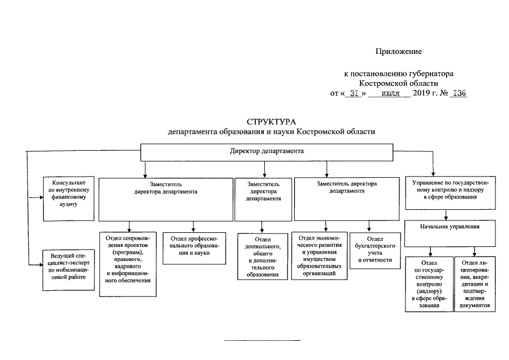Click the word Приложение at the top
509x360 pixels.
[x=398, y=52]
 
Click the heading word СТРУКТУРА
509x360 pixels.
[x=271, y=122]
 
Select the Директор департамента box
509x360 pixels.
[x=267, y=152]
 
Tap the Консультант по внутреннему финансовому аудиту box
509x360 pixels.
[x=69, y=193]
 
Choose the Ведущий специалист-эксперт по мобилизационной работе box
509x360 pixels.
[x=69, y=269]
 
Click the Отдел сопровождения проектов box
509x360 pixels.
[x=128, y=263]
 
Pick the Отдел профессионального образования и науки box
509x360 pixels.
[x=195, y=248]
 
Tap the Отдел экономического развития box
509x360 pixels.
[x=318, y=256]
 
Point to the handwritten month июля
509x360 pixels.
[x=389, y=93]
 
